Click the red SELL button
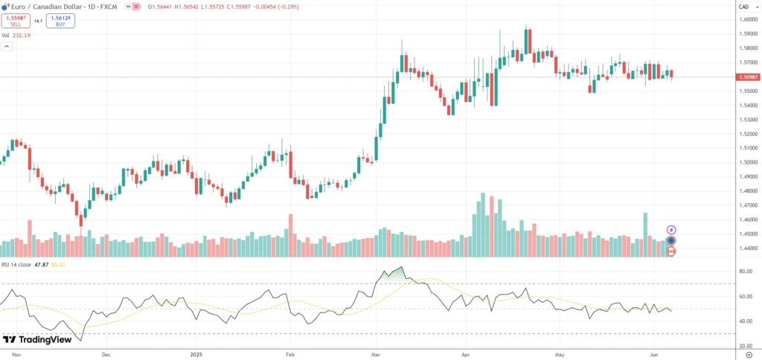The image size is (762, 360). click(x=16, y=21)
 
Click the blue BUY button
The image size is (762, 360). click(x=60, y=21)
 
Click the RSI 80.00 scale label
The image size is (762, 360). click(x=744, y=271)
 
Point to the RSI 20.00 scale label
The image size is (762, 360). click(x=744, y=346)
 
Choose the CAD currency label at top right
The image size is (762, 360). click(x=743, y=7)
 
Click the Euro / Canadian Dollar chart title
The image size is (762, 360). click(x=45, y=7)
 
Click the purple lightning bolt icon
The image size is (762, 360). click(x=671, y=230)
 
